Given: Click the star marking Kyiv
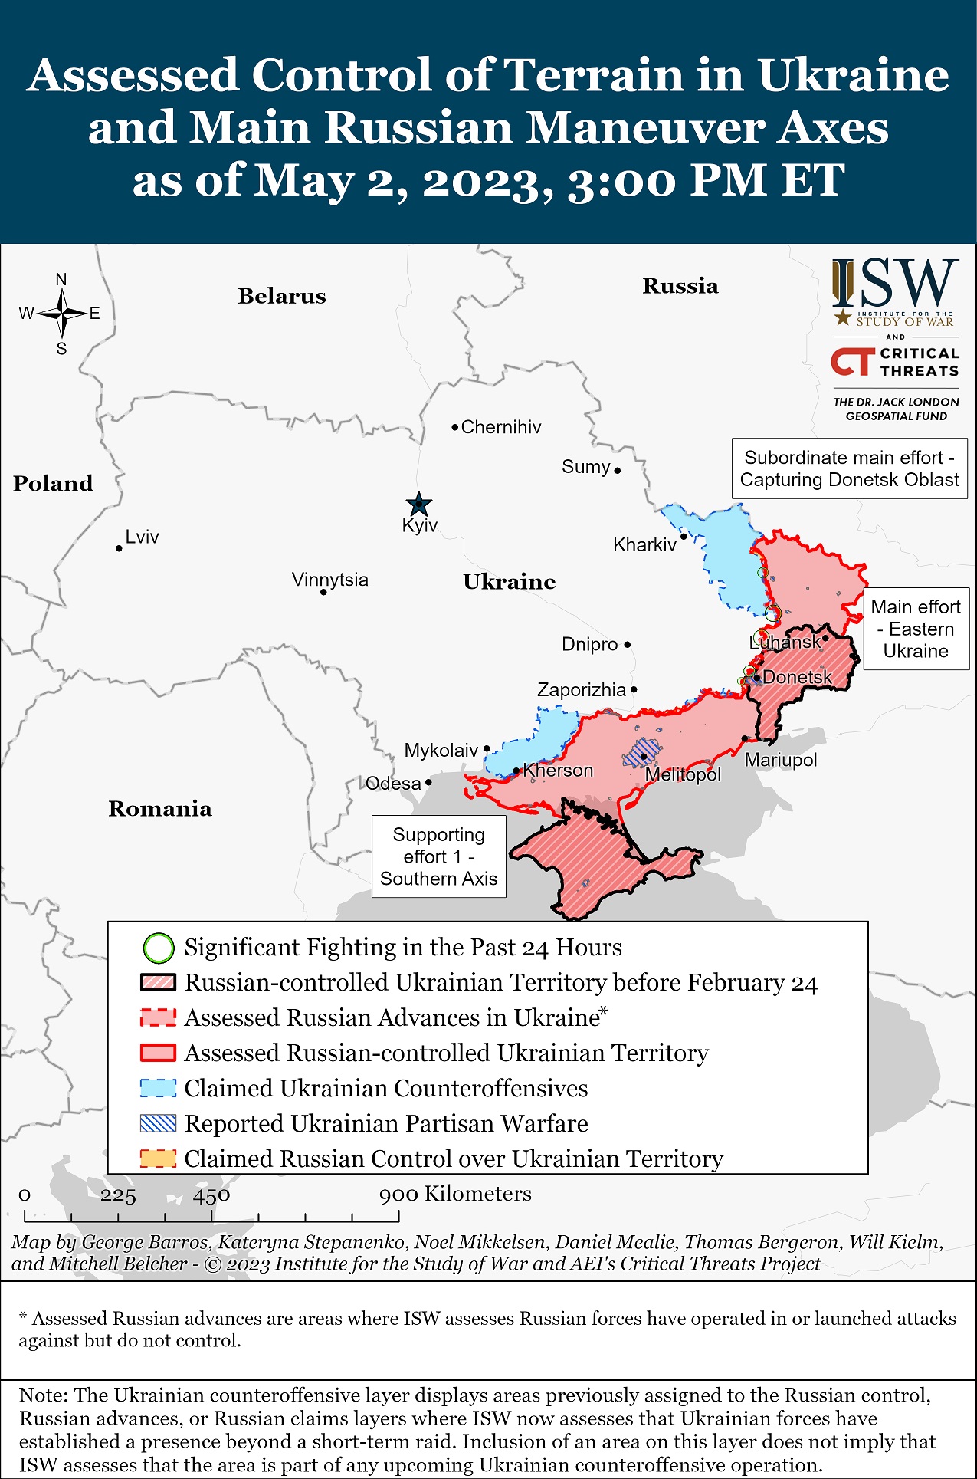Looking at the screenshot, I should (x=418, y=505).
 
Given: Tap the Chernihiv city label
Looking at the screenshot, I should (x=500, y=427).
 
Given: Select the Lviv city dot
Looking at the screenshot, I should (x=119, y=548).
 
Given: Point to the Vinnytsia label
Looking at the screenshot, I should (x=329, y=579).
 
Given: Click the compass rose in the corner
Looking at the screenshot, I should (x=61, y=314).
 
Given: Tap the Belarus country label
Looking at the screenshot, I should (x=281, y=296).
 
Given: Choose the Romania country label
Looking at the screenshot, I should (x=159, y=808).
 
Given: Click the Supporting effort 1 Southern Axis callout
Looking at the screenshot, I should (x=438, y=856).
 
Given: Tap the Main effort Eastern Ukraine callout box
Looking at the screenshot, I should (x=916, y=629).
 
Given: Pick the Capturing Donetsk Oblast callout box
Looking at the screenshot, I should (x=849, y=468).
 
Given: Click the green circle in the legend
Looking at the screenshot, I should (x=159, y=948).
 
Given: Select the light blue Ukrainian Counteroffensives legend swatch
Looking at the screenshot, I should (x=159, y=1088).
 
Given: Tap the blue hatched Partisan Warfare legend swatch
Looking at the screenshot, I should (x=159, y=1123).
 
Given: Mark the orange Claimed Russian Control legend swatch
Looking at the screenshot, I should (x=159, y=1159).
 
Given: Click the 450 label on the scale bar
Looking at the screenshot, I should (x=211, y=1195).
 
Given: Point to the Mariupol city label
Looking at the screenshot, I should (x=780, y=760).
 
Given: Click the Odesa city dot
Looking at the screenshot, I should (x=428, y=782).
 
